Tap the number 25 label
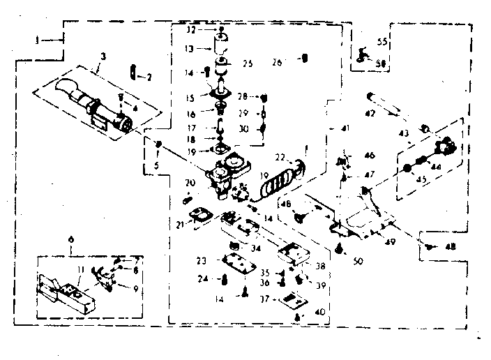(x=247, y=64)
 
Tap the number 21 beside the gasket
(x=181, y=225)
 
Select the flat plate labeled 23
(x=239, y=263)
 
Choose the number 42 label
(x=371, y=114)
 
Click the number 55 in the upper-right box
(x=382, y=42)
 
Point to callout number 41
(x=345, y=128)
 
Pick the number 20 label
(x=189, y=183)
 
